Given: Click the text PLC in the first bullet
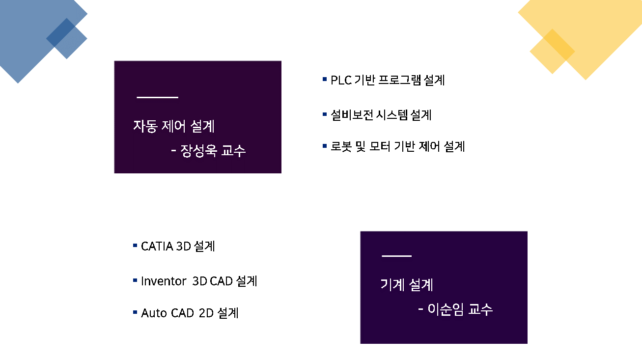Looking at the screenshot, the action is pyautogui.click(x=341, y=80).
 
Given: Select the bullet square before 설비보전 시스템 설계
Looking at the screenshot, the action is pyautogui.click(x=325, y=114).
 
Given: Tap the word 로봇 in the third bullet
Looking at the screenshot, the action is pyautogui.click(x=341, y=146).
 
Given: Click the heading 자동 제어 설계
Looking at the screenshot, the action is pyautogui.click(x=174, y=126).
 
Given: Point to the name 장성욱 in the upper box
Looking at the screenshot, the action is pyautogui.click(x=198, y=151).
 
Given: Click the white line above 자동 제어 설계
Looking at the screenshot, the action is pyautogui.click(x=157, y=97).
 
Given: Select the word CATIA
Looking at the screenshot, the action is pyautogui.click(x=157, y=247).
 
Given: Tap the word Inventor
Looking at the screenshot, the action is pyautogui.click(x=164, y=281).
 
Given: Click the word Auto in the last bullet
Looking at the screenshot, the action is pyautogui.click(x=154, y=313).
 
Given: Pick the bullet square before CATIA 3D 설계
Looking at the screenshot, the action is pyautogui.click(x=135, y=246).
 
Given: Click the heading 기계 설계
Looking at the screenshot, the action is pyautogui.click(x=407, y=285).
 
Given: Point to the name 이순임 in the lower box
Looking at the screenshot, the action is pyautogui.click(x=446, y=309).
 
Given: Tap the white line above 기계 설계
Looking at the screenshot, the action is pyautogui.click(x=397, y=256).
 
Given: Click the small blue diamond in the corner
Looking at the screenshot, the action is pyautogui.click(x=67, y=38).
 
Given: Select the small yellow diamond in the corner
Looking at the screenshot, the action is pyautogui.click(x=552, y=51).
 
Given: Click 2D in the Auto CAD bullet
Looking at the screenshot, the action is pyautogui.click(x=206, y=313).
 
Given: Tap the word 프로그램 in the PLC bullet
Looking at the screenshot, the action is pyautogui.click(x=399, y=80).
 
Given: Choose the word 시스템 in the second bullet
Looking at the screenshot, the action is pyautogui.click(x=391, y=115).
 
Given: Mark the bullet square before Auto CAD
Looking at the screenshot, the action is pyautogui.click(x=135, y=312).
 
